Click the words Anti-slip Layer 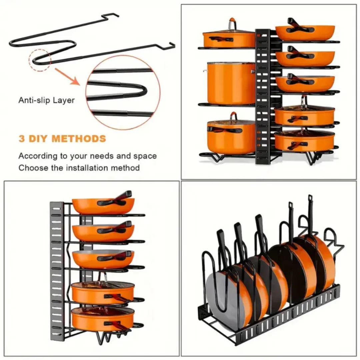point(46,100)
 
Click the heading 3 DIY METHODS point(62,138)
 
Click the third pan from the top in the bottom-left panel point(103,258)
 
